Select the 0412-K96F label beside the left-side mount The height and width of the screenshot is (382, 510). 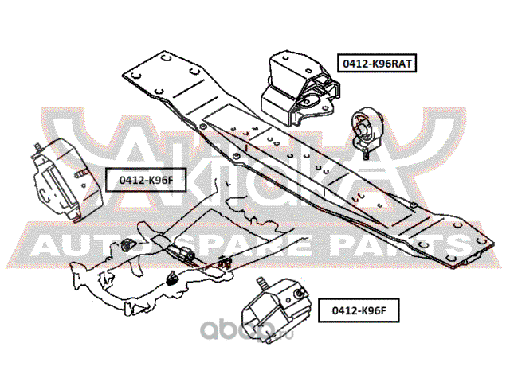(139, 180)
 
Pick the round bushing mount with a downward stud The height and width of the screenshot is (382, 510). (367, 128)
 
